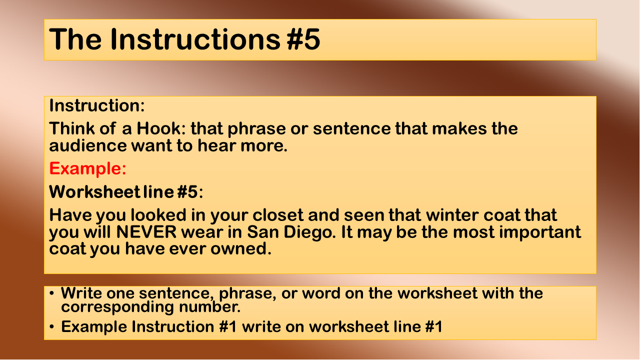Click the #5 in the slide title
(303, 39)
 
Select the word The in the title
(75, 39)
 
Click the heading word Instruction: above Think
(97, 105)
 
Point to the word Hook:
(161, 128)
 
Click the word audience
(88, 145)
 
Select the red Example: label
(87, 168)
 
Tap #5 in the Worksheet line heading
(187, 191)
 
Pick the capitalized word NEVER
(146, 232)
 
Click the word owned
(240, 249)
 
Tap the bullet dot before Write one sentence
(51, 293)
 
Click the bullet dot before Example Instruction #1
(51, 326)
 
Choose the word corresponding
(117, 307)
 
